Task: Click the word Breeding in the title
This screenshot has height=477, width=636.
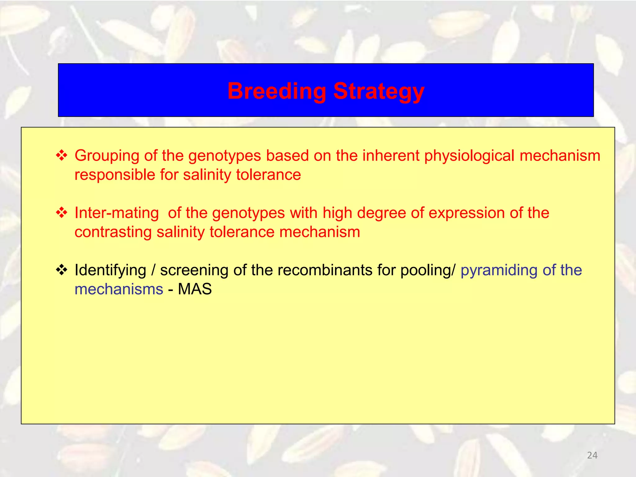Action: (276, 91)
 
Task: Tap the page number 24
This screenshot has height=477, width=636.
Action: (592, 455)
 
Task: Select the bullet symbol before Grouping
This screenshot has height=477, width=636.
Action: (61, 155)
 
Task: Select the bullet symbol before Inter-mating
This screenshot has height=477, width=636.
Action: (61, 213)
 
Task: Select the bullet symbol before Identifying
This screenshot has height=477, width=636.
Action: (61, 270)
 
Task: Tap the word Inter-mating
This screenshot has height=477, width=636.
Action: (117, 213)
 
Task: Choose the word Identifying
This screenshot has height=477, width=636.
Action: (110, 270)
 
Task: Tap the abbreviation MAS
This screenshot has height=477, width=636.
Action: (195, 289)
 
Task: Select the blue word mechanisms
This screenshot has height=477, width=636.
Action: (119, 289)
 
